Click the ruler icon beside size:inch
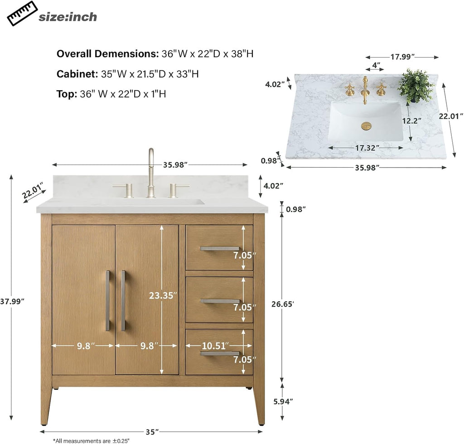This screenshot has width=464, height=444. (22, 13)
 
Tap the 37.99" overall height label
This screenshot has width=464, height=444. (12, 301)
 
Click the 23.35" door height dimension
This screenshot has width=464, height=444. (163, 295)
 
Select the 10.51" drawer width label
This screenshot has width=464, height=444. (215, 345)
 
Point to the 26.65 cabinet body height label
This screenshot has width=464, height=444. (283, 304)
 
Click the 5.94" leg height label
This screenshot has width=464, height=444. (283, 401)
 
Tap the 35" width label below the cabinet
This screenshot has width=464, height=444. (152, 432)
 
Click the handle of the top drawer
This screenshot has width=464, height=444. (220, 248)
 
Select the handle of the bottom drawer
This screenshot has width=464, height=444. (220, 353)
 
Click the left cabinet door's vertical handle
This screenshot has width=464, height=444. (108, 300)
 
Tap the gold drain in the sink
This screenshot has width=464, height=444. (366, 125)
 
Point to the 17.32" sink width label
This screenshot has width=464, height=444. (367, 148)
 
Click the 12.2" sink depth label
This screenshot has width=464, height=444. (411, 121)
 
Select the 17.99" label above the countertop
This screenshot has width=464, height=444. (402, 57)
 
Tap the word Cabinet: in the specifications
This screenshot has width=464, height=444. (77, 74)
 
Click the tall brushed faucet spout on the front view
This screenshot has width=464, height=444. (151, 173)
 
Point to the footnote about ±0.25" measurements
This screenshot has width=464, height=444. (91, 441)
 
